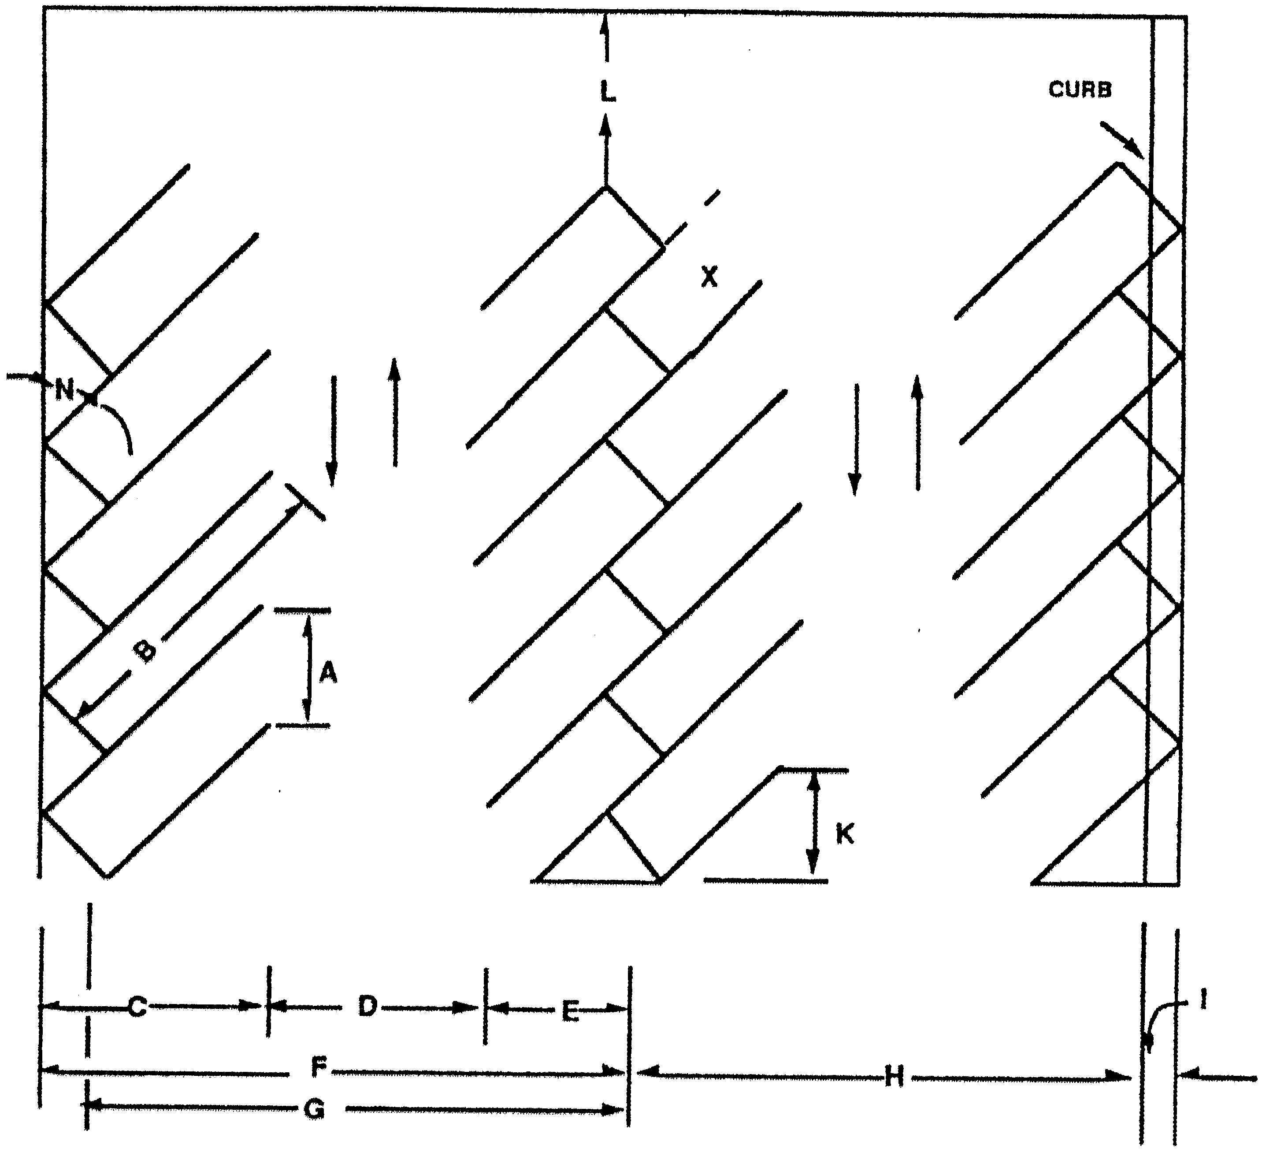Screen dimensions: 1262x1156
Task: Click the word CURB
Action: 1080,89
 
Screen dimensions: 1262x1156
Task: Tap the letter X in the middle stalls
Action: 709,276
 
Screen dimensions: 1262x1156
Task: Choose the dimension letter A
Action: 328,674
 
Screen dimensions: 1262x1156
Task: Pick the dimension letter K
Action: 844,834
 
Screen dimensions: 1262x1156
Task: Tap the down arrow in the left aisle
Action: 332,431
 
